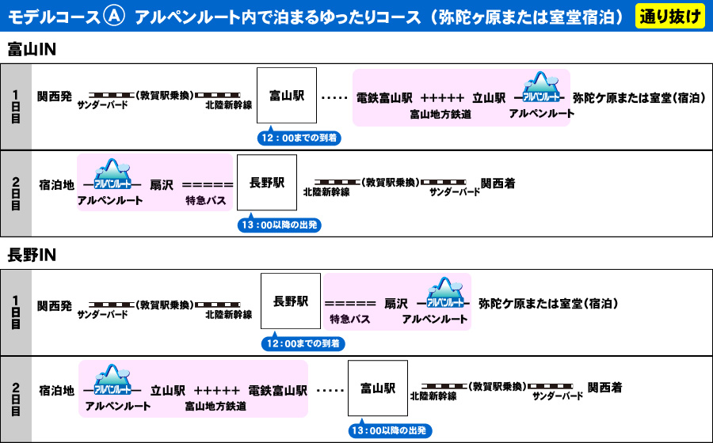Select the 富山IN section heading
(31, 50)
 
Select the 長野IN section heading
(31, 255)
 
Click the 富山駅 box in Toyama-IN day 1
(287, 96)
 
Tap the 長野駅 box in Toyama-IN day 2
(267, 183)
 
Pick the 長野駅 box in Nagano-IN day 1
(291, 301)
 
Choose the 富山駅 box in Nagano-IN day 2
(378, 388)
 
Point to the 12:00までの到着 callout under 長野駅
(303, 344)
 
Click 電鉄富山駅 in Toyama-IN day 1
(384, 98)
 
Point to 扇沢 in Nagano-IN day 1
(396, 304)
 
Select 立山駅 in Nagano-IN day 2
(168, 390)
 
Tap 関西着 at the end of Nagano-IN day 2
(604, 388)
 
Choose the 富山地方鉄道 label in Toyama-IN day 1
(440, 114)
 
